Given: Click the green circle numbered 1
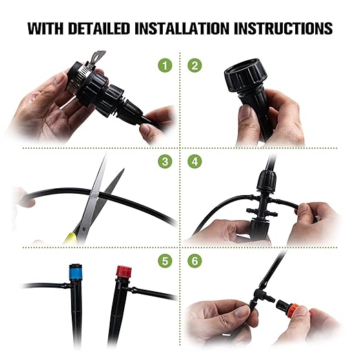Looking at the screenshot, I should click(x=164, y=66).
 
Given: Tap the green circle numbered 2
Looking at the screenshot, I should click(x=195, y=66).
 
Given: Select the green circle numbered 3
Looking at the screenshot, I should click(x=164, y=162).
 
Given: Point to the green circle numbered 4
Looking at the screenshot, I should click(x=195, y=162).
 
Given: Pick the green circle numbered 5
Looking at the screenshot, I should click(x=164, y=260).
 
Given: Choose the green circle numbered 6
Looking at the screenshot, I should click(x=195, y=260).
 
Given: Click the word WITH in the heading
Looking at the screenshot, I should click(x=45, y=29).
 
